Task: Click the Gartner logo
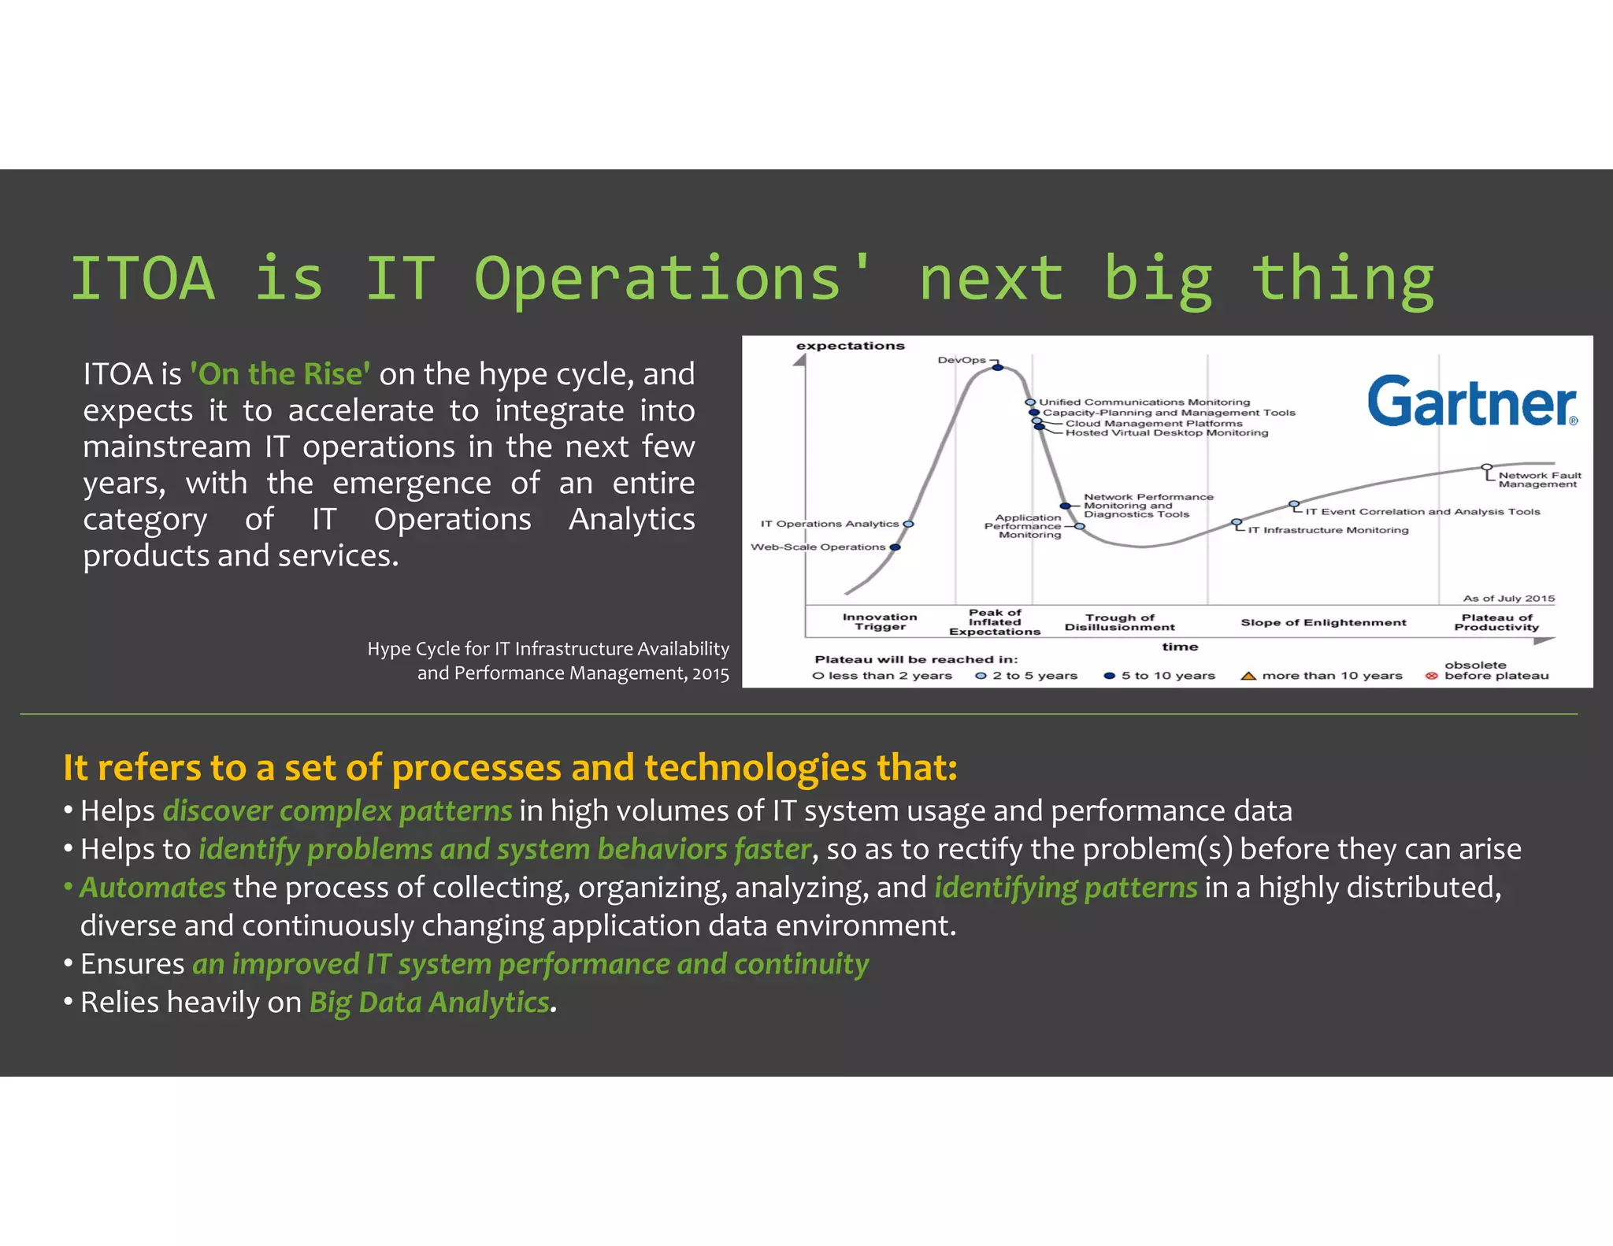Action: (1471, 401)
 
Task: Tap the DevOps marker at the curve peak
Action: (997, 367)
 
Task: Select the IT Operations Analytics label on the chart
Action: (829, 524)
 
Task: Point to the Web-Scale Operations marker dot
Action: (895, 547)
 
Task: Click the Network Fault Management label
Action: (1539, 480)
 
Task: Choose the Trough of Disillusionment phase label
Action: (1119, 622)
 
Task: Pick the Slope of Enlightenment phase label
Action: (1323, 622)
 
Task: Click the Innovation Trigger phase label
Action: (880, 621)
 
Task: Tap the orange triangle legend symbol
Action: (1248, 676)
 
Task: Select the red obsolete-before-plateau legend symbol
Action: (1431, 676)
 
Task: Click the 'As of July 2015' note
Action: (1508, 599)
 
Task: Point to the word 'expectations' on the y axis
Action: (850, 346)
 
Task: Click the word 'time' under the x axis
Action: (1180, 647)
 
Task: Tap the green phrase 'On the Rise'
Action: (280, 374)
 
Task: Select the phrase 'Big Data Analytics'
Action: (429, 1002)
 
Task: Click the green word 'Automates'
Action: (153, 888)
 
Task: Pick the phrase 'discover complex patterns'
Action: (338, 811)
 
